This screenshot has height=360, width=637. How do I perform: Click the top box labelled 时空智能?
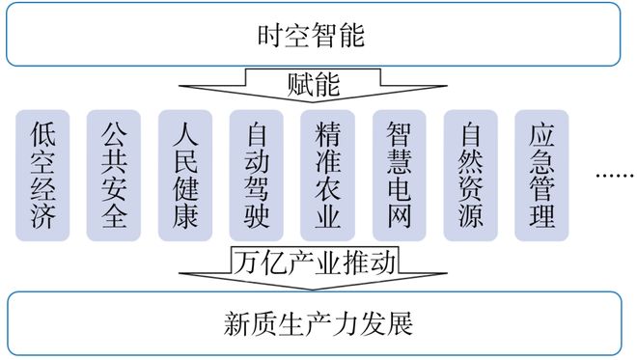click(x=314, y=36)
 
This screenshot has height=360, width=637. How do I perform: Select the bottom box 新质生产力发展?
click(x=314, y=322)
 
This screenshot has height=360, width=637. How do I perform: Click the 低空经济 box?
click(x=42, y=175)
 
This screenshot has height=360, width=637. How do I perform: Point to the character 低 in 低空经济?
click(x=42, y=133)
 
